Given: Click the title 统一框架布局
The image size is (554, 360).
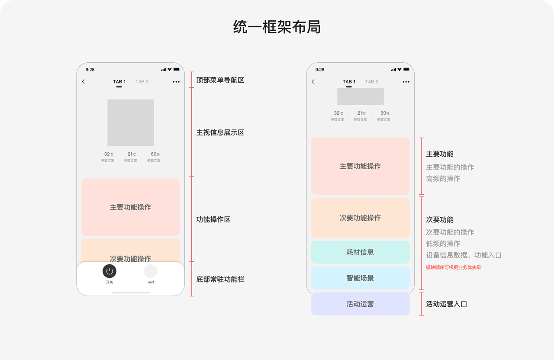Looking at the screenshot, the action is click(x=277, y=27).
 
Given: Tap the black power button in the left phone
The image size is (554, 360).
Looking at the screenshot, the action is click(x=110, y=271).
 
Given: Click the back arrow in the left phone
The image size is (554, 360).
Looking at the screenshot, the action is click(x=84, y=82).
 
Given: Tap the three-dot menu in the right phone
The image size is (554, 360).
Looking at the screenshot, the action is click(x=406, y=82).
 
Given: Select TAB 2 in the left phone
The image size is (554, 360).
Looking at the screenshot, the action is click(x=142, y=82).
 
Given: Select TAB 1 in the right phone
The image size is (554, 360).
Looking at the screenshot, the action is click(x=349, y=82).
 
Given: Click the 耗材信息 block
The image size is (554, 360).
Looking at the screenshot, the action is click(x=361, y=252).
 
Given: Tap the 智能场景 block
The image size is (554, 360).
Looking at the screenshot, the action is click(x=361, y=278).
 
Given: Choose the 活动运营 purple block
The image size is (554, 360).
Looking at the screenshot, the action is click(x=361, y=304).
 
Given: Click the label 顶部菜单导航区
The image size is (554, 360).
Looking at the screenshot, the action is click(x=220, y=80).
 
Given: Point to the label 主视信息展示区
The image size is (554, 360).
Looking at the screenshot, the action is click(x=220, y=132).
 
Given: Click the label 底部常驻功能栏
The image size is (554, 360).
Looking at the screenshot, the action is click(x=220, y=280).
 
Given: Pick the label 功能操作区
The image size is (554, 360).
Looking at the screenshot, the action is click(x=213, y=219).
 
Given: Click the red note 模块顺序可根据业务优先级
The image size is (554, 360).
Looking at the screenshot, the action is click(x=453, y=267).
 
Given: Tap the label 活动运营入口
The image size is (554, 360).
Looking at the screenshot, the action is click(x=446, y=304).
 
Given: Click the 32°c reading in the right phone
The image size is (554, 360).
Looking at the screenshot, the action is click(x=338, y=113).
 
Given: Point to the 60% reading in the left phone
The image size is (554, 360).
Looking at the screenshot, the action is click(x=155, y=154).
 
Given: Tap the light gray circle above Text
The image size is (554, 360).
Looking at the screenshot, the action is click(x=150, y=271).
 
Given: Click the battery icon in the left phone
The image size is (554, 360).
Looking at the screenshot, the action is click(x=177, y=70).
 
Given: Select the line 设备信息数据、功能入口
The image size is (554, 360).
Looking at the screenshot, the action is click(x=464, y=255).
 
